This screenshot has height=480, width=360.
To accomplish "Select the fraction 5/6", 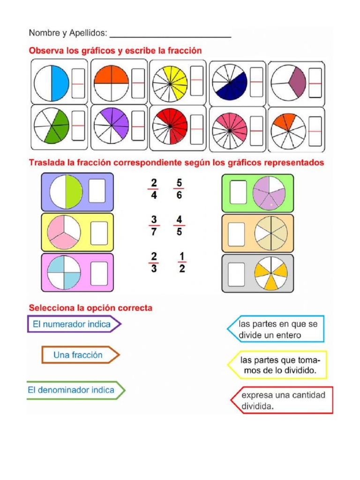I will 179,189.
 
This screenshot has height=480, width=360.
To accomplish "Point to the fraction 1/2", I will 181,262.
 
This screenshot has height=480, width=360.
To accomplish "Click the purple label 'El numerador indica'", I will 73,324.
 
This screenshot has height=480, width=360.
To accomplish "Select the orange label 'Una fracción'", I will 78,355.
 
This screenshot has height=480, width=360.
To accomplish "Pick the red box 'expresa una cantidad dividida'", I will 283,400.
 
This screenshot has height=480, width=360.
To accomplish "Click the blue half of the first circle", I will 60,83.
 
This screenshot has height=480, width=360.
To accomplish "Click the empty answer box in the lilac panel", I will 97,191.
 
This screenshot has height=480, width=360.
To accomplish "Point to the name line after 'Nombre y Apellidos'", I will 170,34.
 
